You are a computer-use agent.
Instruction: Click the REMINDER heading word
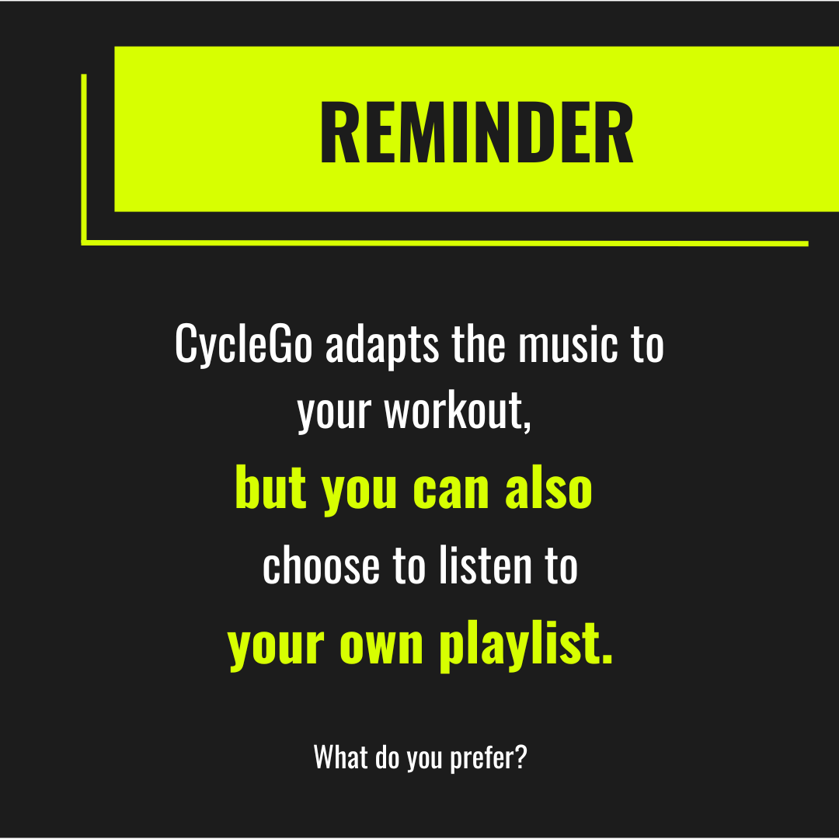(476, 134)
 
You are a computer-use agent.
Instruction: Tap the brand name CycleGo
(243, 344)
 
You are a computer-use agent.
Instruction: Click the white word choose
(322, 566)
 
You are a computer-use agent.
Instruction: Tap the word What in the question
(340, 756)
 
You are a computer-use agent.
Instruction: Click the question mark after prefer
(520, 756)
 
